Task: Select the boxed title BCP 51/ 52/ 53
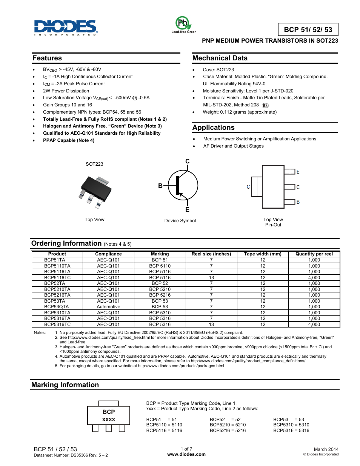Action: (x=308, y=30)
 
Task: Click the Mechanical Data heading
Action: (x=220, y=58)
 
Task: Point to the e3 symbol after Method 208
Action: (x=265, y=106)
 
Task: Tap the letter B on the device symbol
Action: (x=160, y=186)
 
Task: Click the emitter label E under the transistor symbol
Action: (x=187, y=210)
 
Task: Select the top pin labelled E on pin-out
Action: (x=298, y=172)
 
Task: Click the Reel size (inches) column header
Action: (x=211, y=254)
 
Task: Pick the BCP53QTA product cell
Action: (x=57, y=307)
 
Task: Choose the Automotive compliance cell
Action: (x=108, y=307)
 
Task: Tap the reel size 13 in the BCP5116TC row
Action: (x=211, y=278)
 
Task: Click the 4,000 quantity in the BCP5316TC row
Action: (x=314, y=325)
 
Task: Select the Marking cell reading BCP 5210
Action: (x=160, y=289)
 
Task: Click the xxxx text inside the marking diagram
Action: (x=109, y=420)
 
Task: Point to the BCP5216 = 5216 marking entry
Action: (x=228, y=431)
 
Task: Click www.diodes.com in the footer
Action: (x=186, y=454)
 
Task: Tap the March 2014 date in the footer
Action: (x=326, y=449)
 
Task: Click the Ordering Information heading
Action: (x=66, y=243)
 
